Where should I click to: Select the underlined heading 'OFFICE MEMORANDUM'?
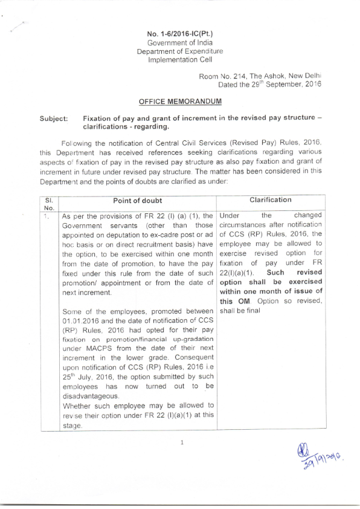pos(179,103)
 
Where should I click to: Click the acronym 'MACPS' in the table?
pos(95,350)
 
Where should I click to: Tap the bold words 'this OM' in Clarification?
pos(231,302)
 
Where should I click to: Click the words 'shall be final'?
pos(242,311)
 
